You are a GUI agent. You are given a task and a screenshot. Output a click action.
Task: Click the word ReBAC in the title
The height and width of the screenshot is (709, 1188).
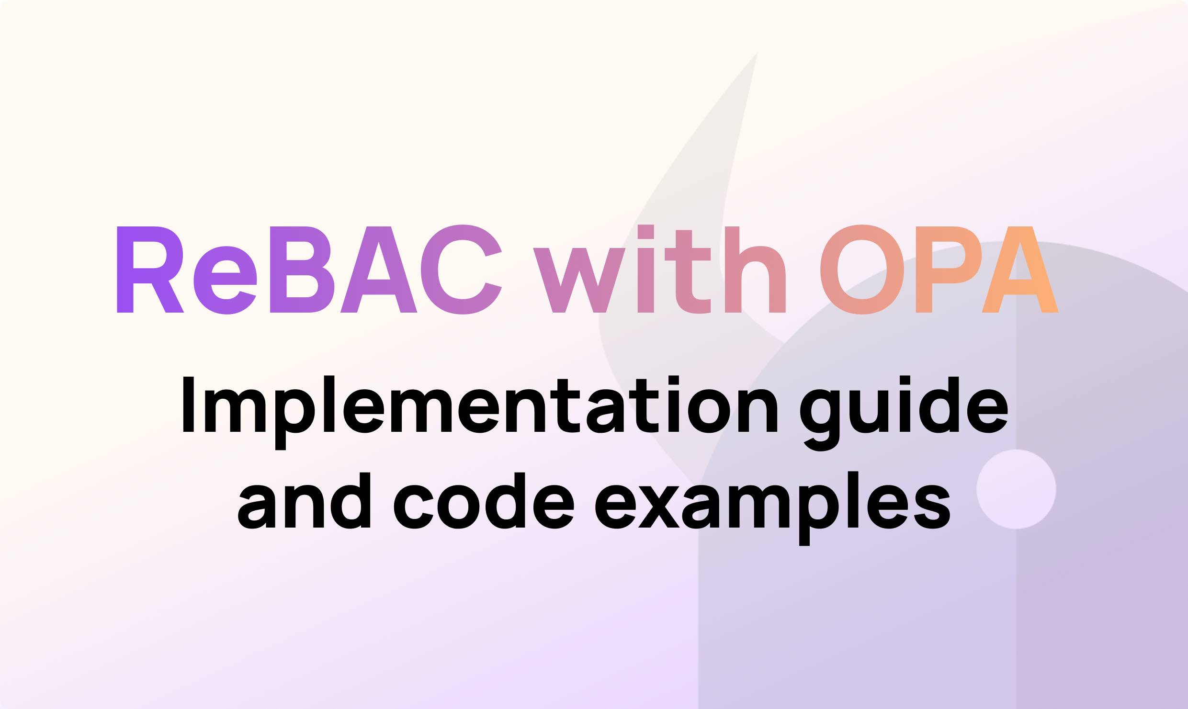309,270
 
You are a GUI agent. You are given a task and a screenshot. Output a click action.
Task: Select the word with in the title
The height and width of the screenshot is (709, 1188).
659,270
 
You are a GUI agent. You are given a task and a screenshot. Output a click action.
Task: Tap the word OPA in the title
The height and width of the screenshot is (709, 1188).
939,270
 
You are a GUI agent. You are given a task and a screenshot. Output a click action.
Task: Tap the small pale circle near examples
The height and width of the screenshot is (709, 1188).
1017,489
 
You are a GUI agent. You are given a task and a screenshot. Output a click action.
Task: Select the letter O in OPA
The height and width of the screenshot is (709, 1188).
862,270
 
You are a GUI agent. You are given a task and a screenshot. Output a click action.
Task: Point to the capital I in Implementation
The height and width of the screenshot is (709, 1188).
188,405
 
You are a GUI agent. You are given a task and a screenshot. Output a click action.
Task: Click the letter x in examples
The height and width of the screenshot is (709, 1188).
659,507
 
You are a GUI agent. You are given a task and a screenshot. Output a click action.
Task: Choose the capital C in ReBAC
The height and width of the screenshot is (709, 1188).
461,270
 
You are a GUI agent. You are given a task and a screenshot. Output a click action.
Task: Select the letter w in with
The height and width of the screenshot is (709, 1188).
579,280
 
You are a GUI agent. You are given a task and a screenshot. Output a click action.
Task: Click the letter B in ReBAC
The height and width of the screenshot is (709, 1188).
301,270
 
